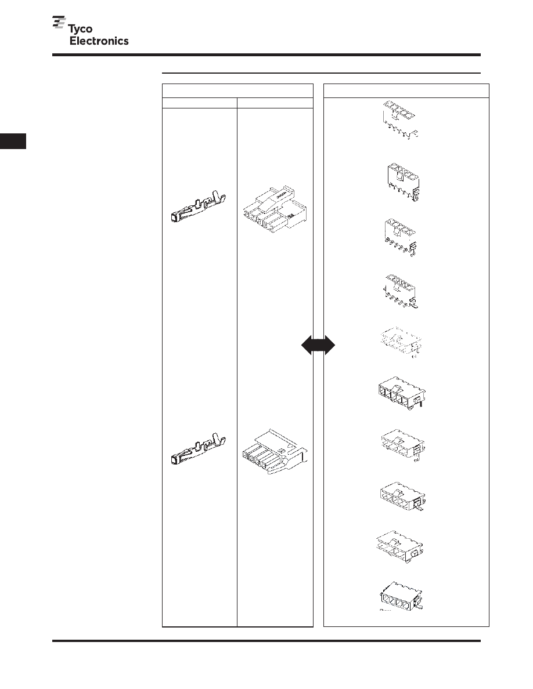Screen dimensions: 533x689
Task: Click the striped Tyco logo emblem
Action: click(59, 23)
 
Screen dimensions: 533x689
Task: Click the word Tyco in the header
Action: click(80, 30)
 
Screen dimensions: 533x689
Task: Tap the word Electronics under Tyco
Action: click(99, 41)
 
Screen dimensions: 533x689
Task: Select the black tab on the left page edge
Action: click(13, 141)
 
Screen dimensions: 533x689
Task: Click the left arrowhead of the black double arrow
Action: click(307, 346)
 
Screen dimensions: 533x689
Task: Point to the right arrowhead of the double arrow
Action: click(329, 346)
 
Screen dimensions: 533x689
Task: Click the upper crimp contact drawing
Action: click(199, 207)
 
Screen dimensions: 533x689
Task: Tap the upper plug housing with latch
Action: click(275, 211)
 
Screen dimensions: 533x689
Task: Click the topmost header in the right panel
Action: click(399, 119)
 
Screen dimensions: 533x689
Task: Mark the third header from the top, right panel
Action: click(401, 237)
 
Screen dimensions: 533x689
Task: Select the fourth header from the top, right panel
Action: click(401, 291)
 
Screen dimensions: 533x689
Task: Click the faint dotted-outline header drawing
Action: click(401, 342)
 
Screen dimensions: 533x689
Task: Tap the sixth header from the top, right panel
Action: click(402, 393)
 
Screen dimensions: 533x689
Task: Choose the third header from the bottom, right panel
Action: click(402, 498)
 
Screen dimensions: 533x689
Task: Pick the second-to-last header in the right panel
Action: click(401, 547)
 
